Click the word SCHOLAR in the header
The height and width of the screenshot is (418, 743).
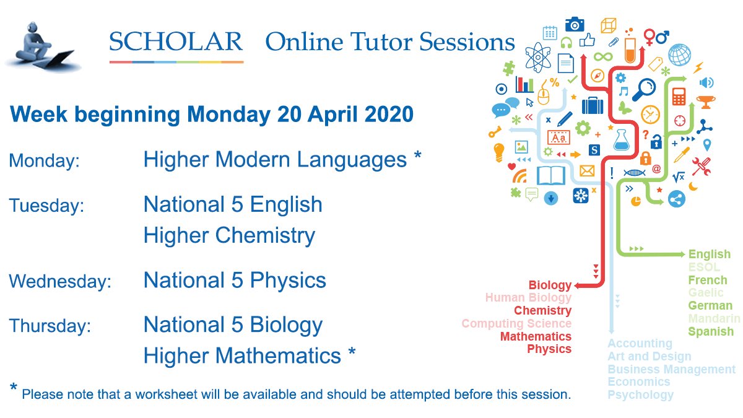point(176,41)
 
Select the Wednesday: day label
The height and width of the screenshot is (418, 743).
point(60,282)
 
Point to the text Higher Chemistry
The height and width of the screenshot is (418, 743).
point(229,235)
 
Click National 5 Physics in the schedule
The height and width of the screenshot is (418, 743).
point(235,281)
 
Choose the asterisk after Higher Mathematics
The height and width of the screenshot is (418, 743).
point(352,353)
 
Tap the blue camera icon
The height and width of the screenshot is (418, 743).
point(575,24)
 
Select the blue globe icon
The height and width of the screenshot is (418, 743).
point(679,54)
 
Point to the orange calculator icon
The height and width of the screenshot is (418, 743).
point(679,96)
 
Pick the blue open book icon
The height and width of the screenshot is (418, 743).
point(552,175)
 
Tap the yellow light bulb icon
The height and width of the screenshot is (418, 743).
point(498,150)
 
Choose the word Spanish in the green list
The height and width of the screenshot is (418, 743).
point(711,331)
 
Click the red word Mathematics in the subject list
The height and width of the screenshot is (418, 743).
point(536,336)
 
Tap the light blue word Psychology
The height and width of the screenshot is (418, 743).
point(640,394)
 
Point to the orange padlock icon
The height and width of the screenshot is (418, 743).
point(646,157)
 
